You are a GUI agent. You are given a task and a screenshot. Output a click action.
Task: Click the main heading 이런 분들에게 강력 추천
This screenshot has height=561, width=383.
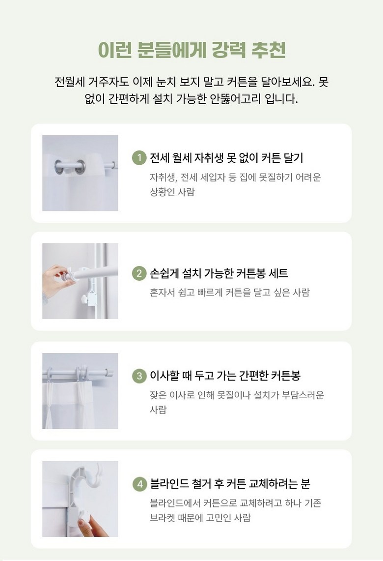pyautogui.click(x=191, y=50)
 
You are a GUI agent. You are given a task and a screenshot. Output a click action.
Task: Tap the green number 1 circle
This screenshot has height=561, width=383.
pyautogui.click(x=139, y=158)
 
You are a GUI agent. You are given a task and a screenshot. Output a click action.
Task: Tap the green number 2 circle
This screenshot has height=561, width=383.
pyautogui.click(x=139, y=274)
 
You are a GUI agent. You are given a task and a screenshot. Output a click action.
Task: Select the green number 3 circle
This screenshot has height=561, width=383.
pyautogui.click(x=139, y=376)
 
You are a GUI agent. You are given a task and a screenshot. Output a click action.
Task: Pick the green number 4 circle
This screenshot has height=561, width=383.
pyautogui.click(x=139, y=484)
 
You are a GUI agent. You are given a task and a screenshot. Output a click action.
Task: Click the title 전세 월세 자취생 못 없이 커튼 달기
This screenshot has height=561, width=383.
pyautogui.click(x=226, y=158)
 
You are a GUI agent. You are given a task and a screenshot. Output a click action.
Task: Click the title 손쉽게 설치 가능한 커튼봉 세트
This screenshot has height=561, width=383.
pyautogui.click(x=219, y=274)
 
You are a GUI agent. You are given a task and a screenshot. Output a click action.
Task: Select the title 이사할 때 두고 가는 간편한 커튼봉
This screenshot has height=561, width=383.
pyautogui.click(x=225, y=376)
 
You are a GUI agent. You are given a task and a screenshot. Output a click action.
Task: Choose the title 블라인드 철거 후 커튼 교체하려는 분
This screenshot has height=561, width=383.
pyautogui.click(x=230, y=484)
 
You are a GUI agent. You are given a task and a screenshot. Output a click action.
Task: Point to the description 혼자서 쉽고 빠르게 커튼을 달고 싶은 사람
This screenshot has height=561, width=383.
pyautogui.click(x=230, y=293)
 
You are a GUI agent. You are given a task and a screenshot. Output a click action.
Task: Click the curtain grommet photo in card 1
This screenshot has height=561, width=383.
pyautogui.click(x=80, y=173)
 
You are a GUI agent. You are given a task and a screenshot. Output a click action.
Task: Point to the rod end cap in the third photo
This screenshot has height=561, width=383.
pyautogui.click(x=112, y=373)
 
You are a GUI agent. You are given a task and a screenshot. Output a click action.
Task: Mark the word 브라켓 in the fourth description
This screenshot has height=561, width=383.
pyautogui.click(x=163, y=518)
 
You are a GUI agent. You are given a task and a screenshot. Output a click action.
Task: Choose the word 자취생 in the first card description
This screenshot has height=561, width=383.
pyautogui.click(x=164, y=177)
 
